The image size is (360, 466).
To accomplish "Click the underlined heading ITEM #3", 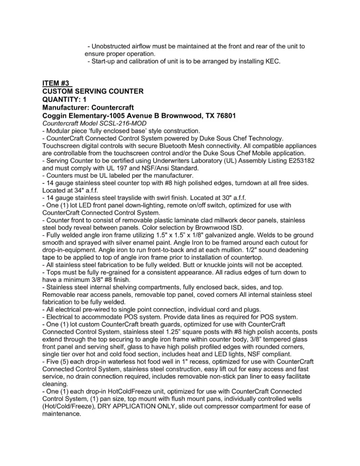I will click(56, 83).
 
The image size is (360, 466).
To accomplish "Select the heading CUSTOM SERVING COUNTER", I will click(93, 91).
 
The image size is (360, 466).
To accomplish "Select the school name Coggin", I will click(55, 116).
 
